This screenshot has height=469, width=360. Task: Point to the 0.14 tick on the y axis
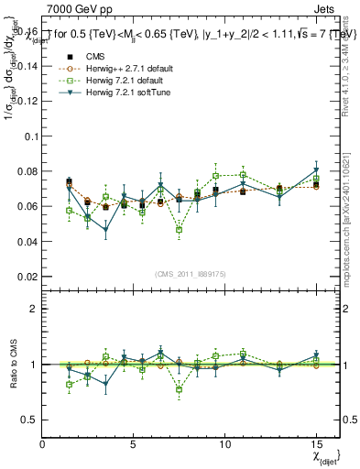[27, 66]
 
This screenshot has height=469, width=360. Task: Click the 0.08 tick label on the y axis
[27, 171]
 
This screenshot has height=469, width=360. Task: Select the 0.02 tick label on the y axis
[27, 277]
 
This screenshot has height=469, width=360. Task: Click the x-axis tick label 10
[225, 444]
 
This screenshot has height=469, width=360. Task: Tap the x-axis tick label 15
[316, 444]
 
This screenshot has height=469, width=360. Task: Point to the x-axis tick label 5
[134, 444]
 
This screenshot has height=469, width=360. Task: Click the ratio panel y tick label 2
[33, 309]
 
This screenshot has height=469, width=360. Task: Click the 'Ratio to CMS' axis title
[12, 365]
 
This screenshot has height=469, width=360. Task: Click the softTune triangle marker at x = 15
[316, 170]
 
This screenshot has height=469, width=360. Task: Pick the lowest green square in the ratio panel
[180, 389]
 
